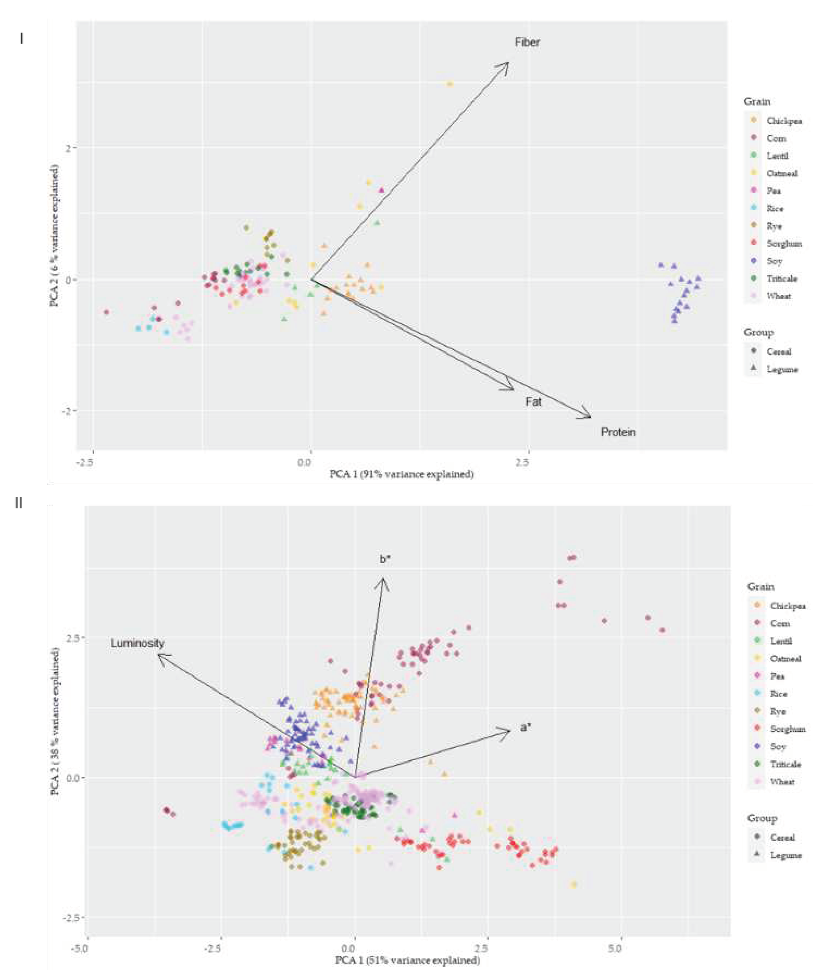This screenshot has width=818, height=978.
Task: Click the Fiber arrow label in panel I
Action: (527, 42)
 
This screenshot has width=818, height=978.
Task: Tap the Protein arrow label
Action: (618, 432)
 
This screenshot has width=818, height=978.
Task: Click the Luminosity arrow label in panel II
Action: (137, 643)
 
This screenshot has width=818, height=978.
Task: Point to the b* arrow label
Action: (385, 559)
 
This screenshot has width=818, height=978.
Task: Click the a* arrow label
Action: (525, 727)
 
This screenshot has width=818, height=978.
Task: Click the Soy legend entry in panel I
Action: (774, 261)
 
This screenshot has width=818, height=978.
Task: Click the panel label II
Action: (19, 503)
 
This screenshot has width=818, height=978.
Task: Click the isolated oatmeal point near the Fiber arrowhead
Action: (450, 84)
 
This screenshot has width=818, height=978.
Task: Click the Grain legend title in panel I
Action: (756, 102)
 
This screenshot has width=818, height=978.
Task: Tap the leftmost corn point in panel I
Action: (106, 312)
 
